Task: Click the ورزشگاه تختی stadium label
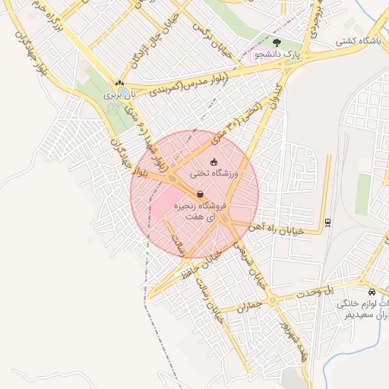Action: [213, 174]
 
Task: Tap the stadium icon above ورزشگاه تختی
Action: [213, 161]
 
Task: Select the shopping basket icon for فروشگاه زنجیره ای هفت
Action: [200, 194]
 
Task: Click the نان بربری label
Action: [119, 94]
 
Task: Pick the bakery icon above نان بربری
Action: [119, 83]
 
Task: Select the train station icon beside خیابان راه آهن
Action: [327, 222]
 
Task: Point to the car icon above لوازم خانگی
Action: [371, 292]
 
